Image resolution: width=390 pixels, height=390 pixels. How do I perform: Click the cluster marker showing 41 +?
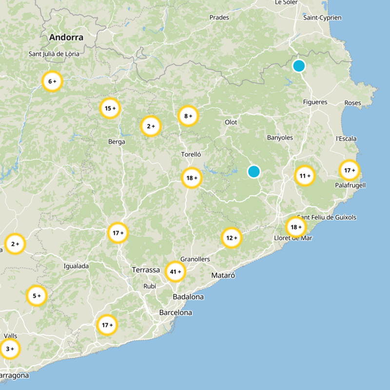pyautogui.click(x=175, y=272)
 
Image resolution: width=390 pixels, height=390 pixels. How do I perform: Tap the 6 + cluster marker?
pyautogui.click(x=52, y=81)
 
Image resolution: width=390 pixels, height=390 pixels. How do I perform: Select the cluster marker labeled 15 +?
pyautogui.click(x=110, y=108)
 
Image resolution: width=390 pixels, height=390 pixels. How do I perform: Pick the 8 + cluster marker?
pyautogui.click(x=188, y=116)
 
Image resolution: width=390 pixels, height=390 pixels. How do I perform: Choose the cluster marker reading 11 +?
pyautogui.click(x=305, y=176)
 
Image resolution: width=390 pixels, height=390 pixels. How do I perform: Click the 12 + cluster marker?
pyautogui.click(x=232, y=238)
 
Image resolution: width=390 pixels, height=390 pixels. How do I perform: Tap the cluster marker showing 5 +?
pyautogui.click(x=37, y=295)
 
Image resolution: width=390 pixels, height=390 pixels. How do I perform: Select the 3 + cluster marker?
pyautogui.click(x=9, y=349)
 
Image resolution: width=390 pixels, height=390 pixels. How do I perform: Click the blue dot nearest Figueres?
pyautogui.click(x=299, y=66)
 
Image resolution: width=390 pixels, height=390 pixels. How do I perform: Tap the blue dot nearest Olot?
pyautogui.click(x=253, y=172)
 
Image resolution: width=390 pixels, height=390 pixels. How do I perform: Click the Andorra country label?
pyautogui.click(x=66, y=37)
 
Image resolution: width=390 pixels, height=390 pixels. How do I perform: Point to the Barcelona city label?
pyautogui.click(x=175, y=312)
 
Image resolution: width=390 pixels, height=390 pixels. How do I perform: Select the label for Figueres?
pyautogui.click(x=315, y=102)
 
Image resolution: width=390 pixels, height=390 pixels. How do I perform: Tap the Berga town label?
pyautogui.click(x=117, y=142)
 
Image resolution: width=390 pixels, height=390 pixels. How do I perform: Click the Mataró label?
pyautogui.click(x=223, y=275)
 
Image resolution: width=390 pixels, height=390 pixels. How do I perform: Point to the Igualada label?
pyautogui.click(x=77, y=266)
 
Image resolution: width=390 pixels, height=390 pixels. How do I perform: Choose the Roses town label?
pyautogui.click(x=352, y=103)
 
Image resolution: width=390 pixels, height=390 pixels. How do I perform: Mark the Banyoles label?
pyautogui.click(x=280, y=137)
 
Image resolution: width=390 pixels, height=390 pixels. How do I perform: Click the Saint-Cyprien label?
pyautogui.click(x=322, y=18)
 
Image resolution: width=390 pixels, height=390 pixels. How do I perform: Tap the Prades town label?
pyautogui.click(x=219, y=18)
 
